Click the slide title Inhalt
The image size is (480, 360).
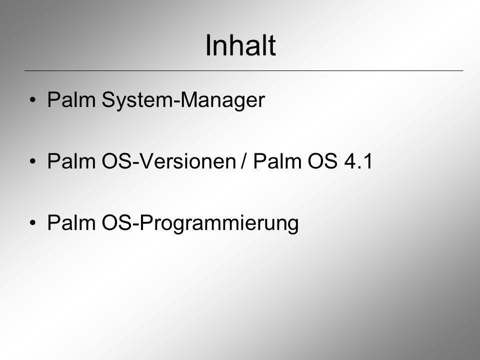(x=240, y=45)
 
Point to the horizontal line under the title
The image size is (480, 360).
(x=244, y=70)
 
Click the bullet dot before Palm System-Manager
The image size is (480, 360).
(x=33, y=100)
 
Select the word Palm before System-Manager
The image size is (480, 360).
(x=71, y=99)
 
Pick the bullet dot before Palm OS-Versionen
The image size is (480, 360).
(x=33, y=161)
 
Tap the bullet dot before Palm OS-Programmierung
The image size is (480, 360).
(x=33, y=222)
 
